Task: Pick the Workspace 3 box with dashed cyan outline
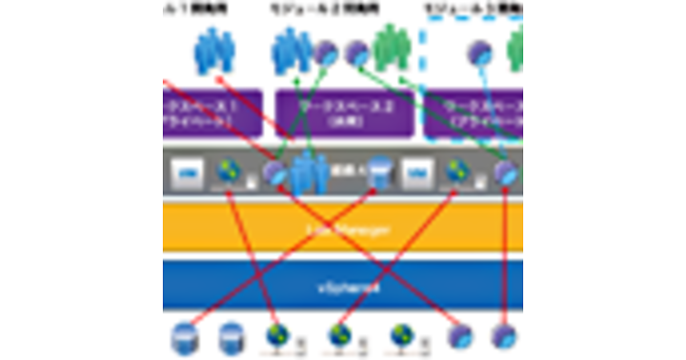(x=474, y=113)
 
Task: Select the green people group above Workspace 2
(x=392, y=49)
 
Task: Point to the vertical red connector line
(x=506, y=257)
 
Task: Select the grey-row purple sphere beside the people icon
(x=276, y=172)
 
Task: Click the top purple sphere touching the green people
(x=358, y=54)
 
